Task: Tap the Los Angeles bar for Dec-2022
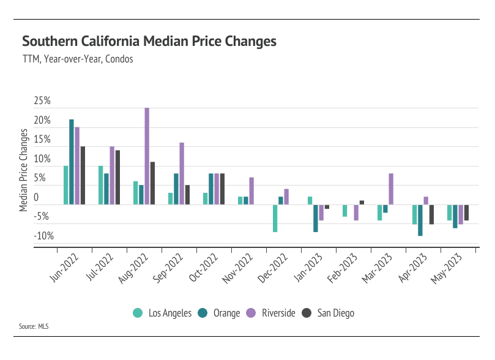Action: tap(275, 218)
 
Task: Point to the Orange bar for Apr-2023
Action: tap(420, 220)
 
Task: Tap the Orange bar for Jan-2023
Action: tap(316, 218)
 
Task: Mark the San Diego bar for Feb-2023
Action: tap(362, 203)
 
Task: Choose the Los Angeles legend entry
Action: tap(163, 313)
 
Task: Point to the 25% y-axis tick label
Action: tap(42, 100)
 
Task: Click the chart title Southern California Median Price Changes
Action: tap(149, 42)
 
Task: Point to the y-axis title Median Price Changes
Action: tap(24, 170)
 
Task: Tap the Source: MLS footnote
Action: tap(34, 326)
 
